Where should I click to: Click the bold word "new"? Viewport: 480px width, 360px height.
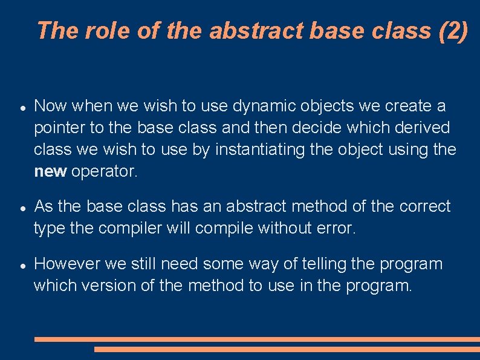(x=50, y=172)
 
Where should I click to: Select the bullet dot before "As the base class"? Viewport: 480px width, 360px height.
(x=21, y=208)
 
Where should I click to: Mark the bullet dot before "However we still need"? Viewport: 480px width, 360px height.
(x=21, y=265)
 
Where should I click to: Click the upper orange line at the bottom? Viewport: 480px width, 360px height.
(x=257, y=339)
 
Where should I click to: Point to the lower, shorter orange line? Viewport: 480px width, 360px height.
(x=287, y=349)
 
